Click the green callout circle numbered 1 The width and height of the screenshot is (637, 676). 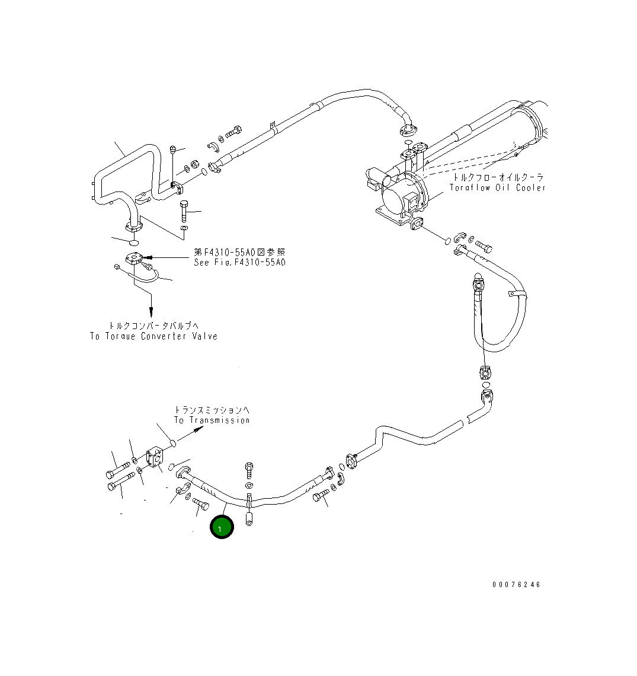(222, 527)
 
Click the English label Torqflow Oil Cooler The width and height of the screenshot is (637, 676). (497, 187)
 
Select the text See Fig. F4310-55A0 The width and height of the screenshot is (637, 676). (239, 262)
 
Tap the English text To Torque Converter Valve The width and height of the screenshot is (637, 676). (153, 336)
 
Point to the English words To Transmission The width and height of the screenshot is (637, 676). (212, 420)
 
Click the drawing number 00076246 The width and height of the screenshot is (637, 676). (516, 584)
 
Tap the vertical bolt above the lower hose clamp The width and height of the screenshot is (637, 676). (249, 471)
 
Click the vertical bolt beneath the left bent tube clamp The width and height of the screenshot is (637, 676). (184, 209)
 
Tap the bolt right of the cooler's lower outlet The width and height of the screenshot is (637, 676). (483, 246)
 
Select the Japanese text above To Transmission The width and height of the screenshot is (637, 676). (212, 409)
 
